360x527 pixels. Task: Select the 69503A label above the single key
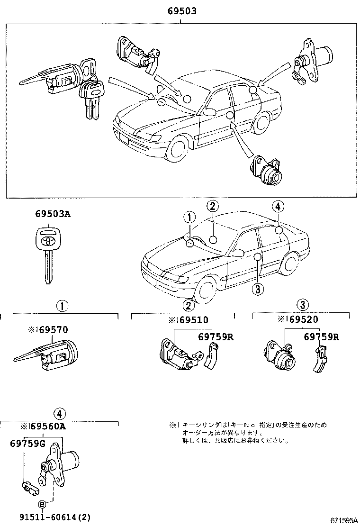(x=52, y=214)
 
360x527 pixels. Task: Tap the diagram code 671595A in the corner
(x=343, y=520)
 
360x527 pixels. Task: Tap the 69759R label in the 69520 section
(x=321, y=337)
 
